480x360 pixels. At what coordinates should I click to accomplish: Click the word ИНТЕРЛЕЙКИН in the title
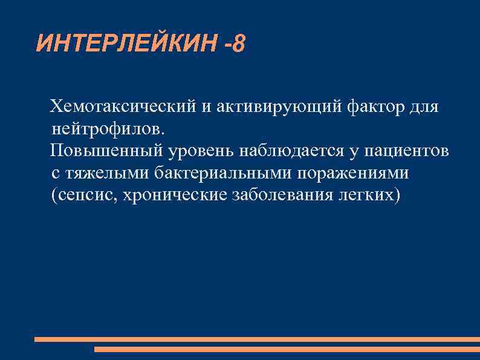(126, 44)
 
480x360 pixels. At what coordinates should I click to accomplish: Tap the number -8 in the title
(234, 44)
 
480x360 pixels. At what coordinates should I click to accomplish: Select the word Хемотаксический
(123, 107)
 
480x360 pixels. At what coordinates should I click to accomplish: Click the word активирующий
(277, 107)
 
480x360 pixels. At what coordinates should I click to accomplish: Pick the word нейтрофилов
(107, 129)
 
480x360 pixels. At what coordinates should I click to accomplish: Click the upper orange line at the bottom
(257, 339)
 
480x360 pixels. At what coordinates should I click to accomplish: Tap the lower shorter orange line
(287, 349)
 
